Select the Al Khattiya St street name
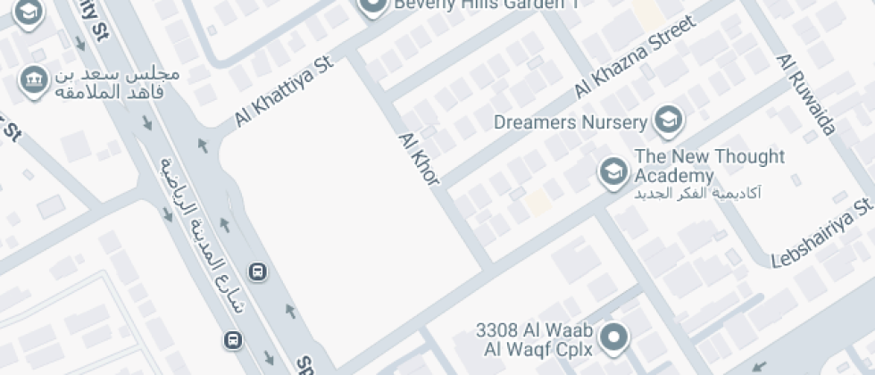pyautogui.click(x=284, y=92)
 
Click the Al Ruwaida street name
pyautogui.click(x=806, y=94)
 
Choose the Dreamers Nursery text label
pyautogui.click(x=571, y=122)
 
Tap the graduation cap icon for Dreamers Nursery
pyautogui.click(x=665, y=119)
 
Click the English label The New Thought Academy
pyautogui.click(x=709, y=166)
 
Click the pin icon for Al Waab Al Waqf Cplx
pyautogui.click(x=613, y=338)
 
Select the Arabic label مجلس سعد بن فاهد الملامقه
pyautogui.click(x=118, y=83)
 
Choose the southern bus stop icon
pyautogui.click(x=232, y=339)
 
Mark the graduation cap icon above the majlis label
pyautogui.click(x=29, y=12)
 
